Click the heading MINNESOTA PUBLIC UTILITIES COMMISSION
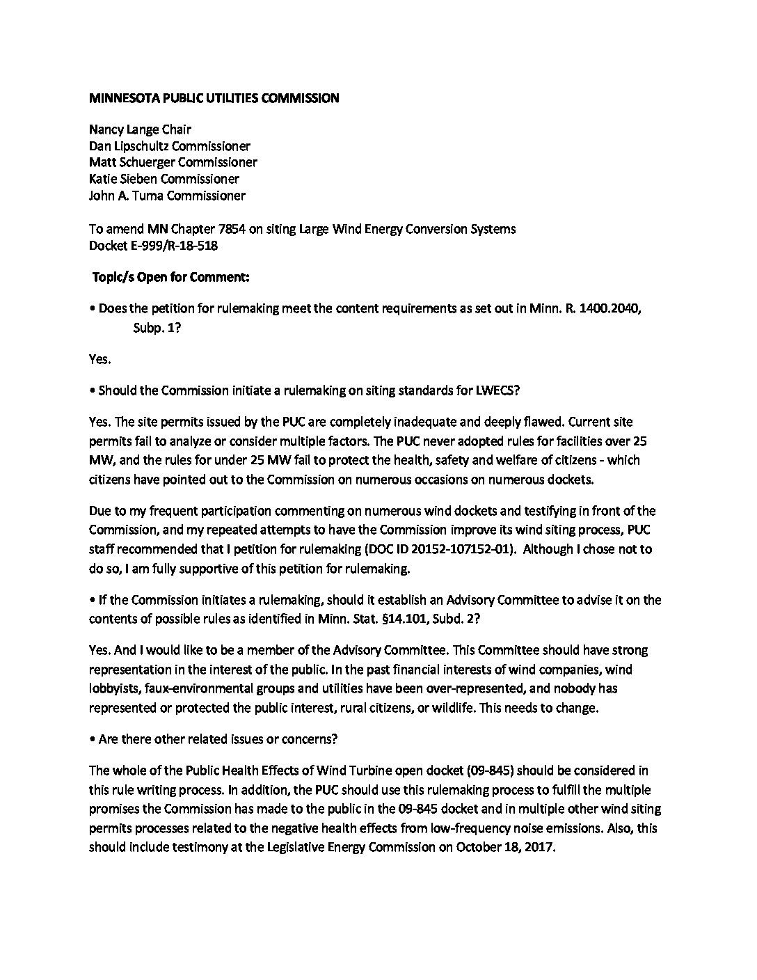(214, 98)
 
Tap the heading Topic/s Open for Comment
(171, 278)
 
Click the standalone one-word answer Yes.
(99, 360)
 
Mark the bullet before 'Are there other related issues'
(92, 739)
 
